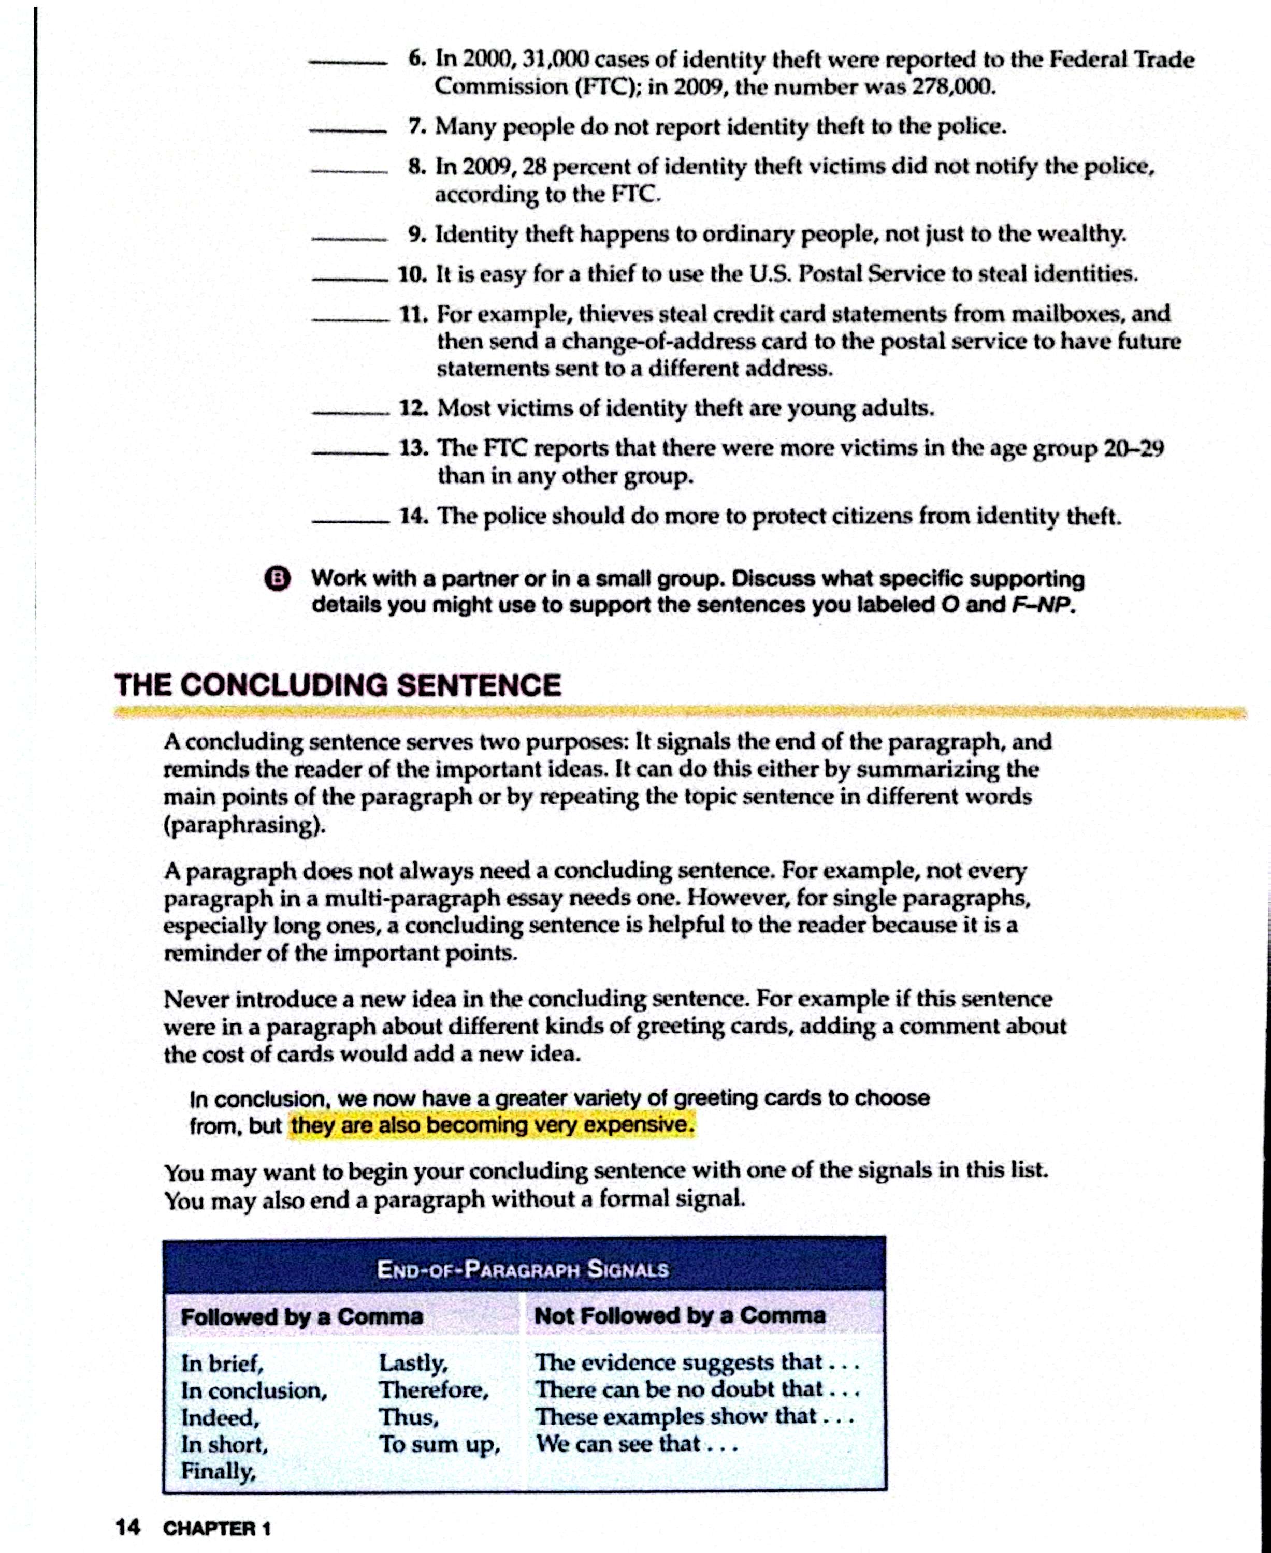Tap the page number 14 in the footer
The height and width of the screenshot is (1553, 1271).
(x=127, y=1528)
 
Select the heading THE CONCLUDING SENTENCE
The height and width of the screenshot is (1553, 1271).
(x=338, y=685)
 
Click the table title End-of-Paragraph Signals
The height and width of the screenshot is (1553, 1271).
(x=523, y=1268)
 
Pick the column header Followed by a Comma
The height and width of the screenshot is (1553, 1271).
(x=301, y=1316)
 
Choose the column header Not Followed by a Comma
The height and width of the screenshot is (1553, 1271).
(x=680, y=1315)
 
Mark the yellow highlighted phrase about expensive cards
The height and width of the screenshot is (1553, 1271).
(x=492, y=1125)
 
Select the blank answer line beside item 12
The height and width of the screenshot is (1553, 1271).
(x=350, y=413)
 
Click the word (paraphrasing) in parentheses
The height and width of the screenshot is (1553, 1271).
(x=244, y=825)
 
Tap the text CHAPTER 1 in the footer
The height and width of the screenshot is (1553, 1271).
(x=216, y=1528)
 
